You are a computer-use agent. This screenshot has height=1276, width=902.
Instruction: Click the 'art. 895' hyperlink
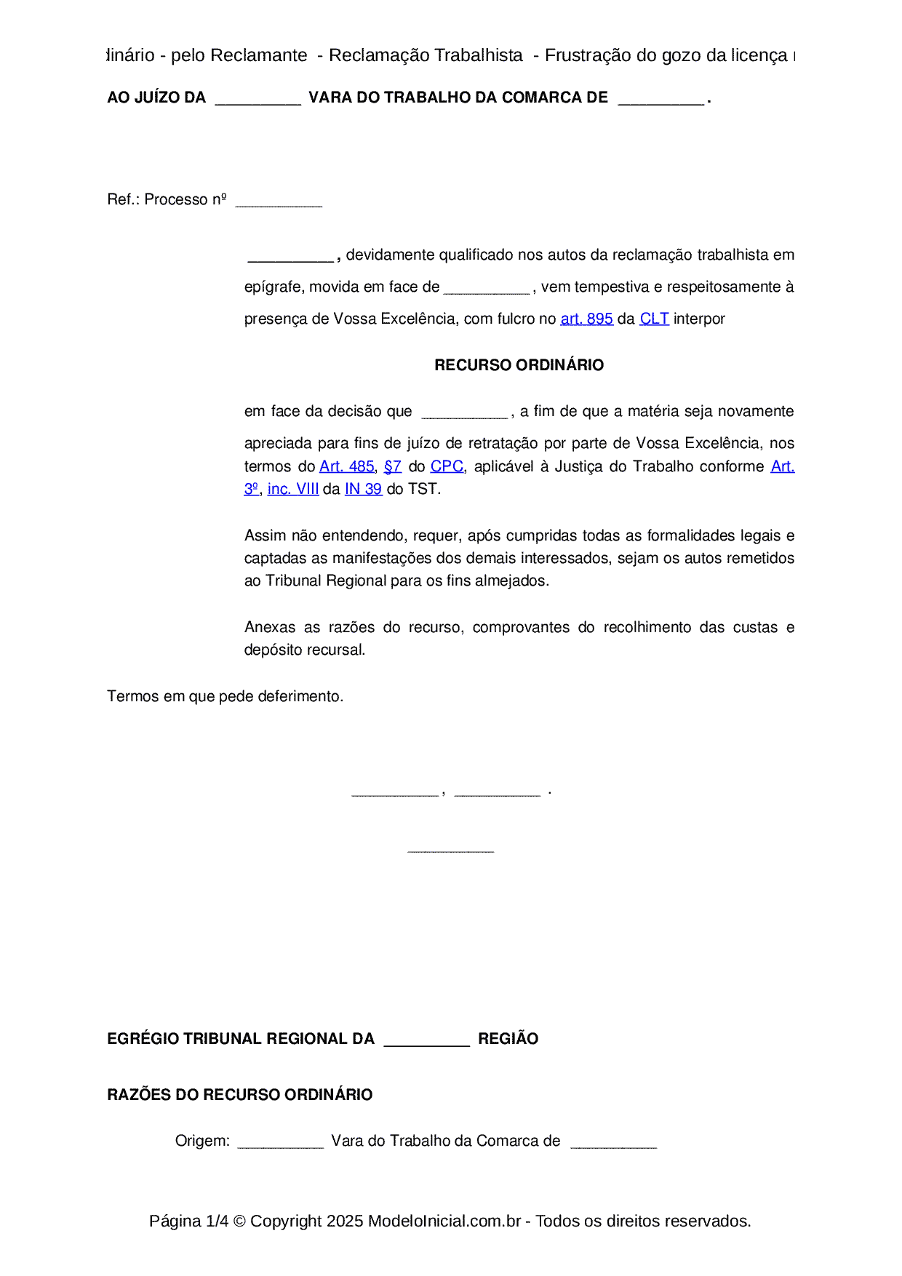pos(586,319)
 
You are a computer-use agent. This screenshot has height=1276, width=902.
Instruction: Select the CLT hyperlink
pos(654,319)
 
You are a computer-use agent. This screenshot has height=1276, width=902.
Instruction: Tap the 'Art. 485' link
pos(346,466)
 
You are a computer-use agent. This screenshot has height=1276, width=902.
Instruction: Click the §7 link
pos(392,466)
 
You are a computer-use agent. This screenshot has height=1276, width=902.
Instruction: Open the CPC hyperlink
pos(447,466)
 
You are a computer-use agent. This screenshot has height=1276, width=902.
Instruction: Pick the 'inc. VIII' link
pos(293,489)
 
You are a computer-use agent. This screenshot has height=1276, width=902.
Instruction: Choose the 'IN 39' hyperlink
pos(363,489)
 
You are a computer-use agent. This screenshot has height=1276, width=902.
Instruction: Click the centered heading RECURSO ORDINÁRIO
pos(519,365)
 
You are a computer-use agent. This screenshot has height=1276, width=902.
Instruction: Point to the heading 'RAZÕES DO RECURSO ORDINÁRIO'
pos(239,1095)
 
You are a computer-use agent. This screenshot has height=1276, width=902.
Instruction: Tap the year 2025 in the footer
pos(345,1221)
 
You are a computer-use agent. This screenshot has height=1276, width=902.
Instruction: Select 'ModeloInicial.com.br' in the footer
pos(444,1221)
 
